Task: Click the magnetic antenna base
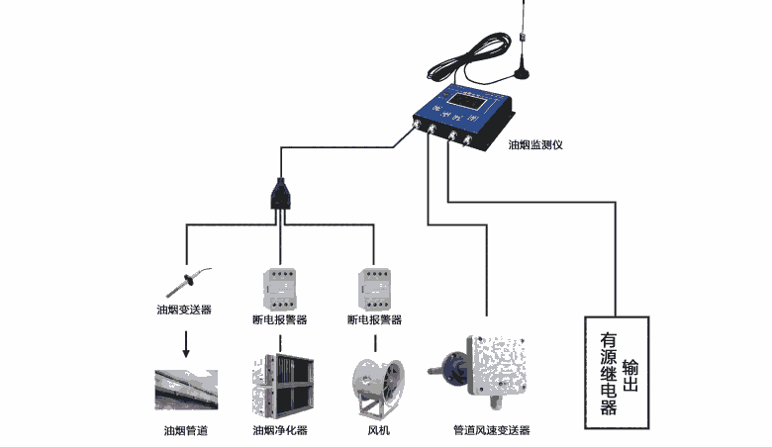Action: click(522, 72)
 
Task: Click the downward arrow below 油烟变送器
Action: click(184, 345)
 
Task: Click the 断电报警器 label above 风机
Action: click(374, 320)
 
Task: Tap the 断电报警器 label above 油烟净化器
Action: click(280, 320)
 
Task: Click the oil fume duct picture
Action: click(186, 389)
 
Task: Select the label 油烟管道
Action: click(186, 431)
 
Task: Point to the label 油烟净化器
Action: click(280, 431)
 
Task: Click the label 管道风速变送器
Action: click(491, 431)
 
